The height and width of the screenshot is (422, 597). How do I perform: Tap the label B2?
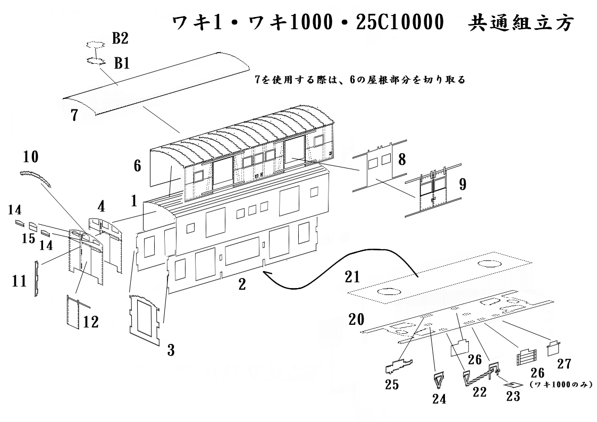(120, 38)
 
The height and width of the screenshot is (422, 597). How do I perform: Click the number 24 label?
(440, 398)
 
